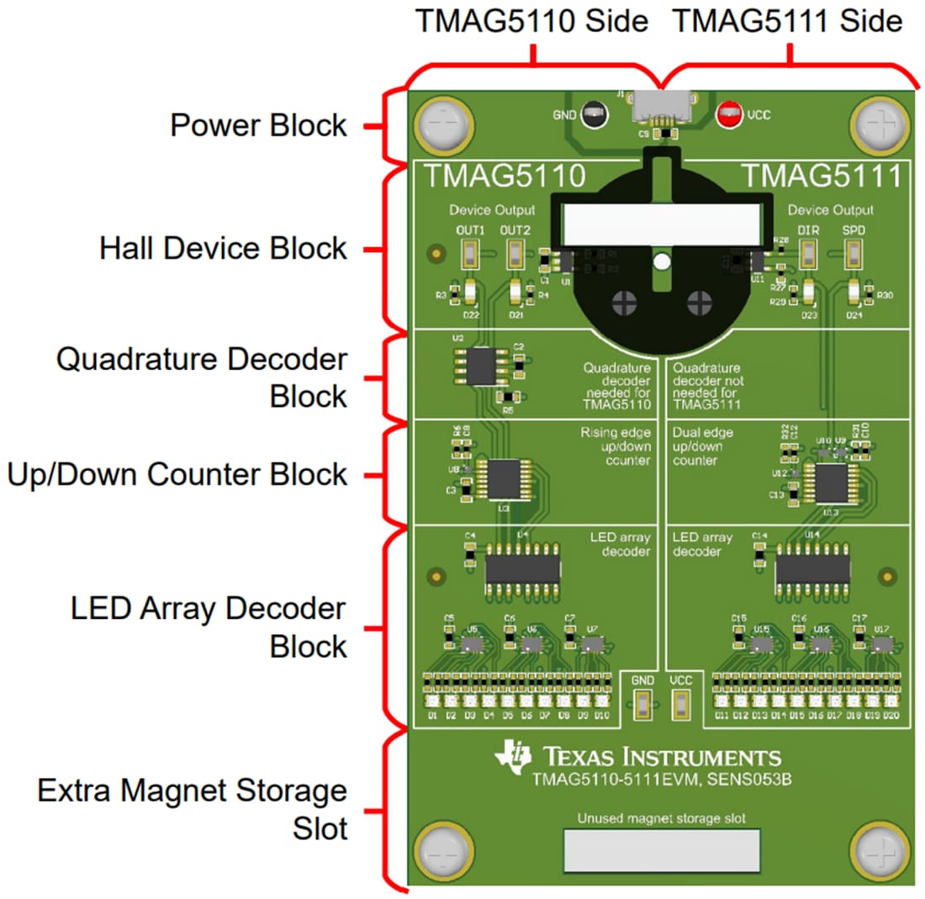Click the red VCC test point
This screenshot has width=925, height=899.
coord(728,114)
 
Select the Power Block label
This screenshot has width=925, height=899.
coord(258,126)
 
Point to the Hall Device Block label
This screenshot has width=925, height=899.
coord(223,249)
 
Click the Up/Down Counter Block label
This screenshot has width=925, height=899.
coord(177,474)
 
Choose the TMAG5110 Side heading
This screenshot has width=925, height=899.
coord(532,22)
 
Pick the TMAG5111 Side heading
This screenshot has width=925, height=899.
coord(788,22)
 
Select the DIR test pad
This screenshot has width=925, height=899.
coord(809,252)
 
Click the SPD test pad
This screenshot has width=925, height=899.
coord(854,252)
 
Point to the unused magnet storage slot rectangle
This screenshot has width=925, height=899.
coord(661,850)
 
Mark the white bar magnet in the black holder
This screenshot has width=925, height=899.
coord(661,224)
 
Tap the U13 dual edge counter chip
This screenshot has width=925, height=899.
coord(828,485)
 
